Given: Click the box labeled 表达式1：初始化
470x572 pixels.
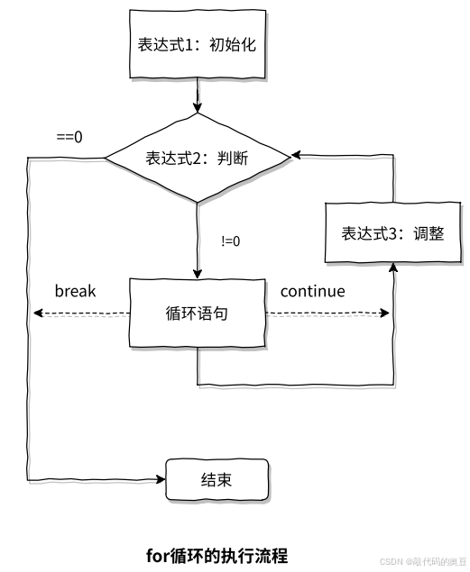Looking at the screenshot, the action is [x=198, y=44].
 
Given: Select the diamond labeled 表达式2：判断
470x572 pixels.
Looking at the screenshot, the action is [x=198, y=158].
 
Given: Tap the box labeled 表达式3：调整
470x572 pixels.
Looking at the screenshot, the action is [x=393, y=232].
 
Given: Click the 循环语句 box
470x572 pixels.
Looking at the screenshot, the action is [x=198, y=313].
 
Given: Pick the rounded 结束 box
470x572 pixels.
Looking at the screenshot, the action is [x=217, y=479].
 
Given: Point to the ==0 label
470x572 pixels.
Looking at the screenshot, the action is [x=69, y=137].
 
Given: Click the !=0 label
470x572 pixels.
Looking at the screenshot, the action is [x=231, y=241].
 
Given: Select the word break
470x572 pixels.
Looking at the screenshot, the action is [x=75, y=291].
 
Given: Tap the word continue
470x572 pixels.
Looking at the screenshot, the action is [x=313, y=291].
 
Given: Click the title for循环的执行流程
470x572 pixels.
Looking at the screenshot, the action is [x=217, y=556].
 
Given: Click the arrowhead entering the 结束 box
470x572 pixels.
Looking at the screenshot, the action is [x=161, y=479].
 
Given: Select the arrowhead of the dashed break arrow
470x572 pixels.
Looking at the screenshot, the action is [x=38, y=313].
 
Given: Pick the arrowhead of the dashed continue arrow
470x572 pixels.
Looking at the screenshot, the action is [x=384, y=313].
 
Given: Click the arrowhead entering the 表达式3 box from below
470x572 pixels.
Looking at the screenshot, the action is [x=393, y=268].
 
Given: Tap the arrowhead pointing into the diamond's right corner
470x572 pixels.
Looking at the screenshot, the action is [x=296, y=155].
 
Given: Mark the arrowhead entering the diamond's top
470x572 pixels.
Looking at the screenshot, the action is [x=198, y=107].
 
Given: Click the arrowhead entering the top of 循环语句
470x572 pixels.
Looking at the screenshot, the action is [x=198, y=274].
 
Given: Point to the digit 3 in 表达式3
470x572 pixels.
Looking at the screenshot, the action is [x=392, y=233].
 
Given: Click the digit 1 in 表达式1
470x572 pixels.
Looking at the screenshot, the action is [x=189, y=44].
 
